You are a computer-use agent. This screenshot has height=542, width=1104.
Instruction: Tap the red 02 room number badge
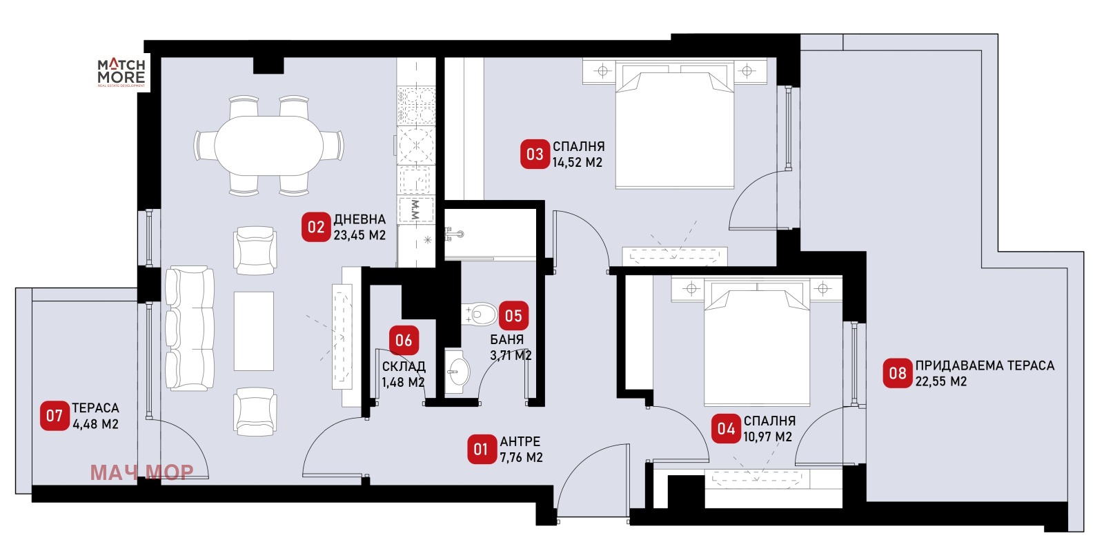[x=316, y=227]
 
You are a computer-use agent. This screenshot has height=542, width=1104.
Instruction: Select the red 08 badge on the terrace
[x=898, y=373]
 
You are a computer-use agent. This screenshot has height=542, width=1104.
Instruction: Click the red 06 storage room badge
[x=404, y=340]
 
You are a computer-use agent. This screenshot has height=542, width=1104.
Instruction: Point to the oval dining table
[x=268, y=146]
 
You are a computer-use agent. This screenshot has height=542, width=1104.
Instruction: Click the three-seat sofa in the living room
[x=190, y=329]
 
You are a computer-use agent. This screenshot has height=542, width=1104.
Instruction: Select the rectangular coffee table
[x=254, y=331]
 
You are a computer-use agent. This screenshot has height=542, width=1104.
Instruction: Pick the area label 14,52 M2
[x=577, y=163]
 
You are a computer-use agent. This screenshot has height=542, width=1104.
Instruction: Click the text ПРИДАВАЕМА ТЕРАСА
[x=985, y=365]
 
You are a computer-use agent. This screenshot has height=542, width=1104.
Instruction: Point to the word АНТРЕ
[x=520, y=441]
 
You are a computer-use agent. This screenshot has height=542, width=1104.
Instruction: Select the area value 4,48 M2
[x=96, y=424]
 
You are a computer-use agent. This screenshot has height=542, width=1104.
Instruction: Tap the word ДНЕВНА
[x=359, y=219]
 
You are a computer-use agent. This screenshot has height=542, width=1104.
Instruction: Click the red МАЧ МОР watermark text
[x=142, y=472]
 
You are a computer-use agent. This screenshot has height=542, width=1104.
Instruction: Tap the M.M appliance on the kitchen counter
[x=416, y=210]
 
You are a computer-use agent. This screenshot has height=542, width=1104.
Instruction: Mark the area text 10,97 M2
[x=767, y=437]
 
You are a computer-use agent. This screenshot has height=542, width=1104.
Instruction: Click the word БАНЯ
[x=506, y=339]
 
